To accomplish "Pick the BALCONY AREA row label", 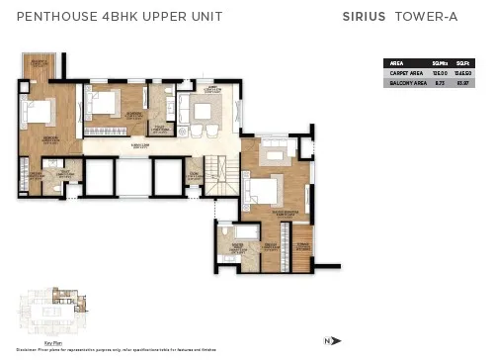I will pyautogui.click(x=405, y=83).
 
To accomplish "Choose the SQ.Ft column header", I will pyautogui.click(x=463, y=63).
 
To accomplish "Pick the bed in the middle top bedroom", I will pyautogui.click(x=106, y=101).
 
